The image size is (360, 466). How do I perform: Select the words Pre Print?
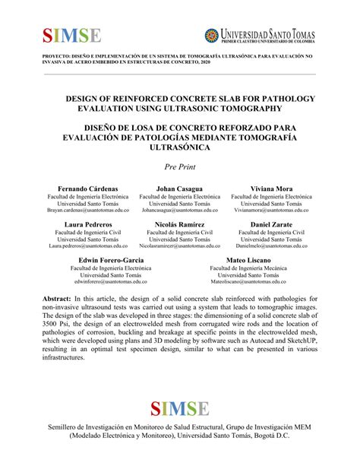pos(180,166)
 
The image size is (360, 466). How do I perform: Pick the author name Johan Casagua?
pos(180,188)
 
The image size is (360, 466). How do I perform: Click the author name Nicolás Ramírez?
pos(180,225)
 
